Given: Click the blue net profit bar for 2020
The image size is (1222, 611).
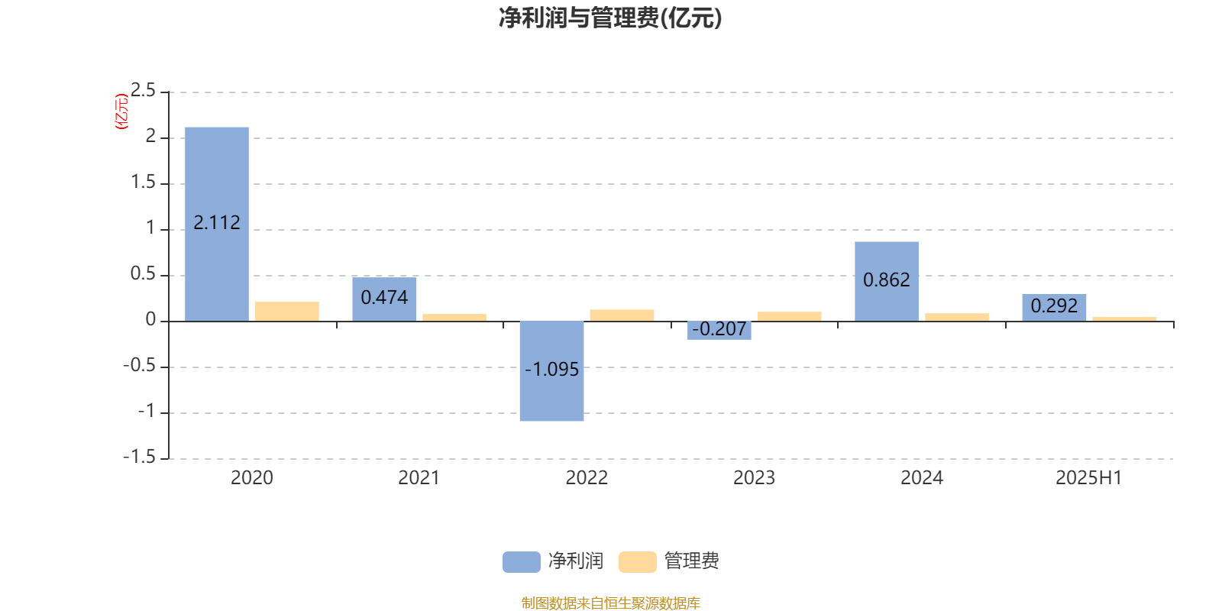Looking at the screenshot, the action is tap(217, 225).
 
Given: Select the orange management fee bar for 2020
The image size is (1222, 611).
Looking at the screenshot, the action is tap(287, 312).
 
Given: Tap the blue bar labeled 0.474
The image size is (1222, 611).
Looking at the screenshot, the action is tap(384, 299).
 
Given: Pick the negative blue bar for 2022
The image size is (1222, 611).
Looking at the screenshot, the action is tap(551, 371).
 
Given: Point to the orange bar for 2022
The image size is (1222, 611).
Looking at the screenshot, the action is tap(622, 315).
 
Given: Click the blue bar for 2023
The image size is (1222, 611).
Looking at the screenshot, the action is tap(719, 331).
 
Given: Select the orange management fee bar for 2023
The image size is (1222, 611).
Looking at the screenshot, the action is tap(790, 316).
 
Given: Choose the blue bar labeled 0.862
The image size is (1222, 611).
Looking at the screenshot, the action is tap(887, 282).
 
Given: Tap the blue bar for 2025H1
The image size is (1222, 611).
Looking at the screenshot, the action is tap(1054, 308).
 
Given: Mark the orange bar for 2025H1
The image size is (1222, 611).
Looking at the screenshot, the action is tap(1124, 319).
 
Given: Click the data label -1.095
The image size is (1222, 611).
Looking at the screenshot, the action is tap(551, 370).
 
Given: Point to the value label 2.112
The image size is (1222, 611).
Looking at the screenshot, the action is tap(217, 222).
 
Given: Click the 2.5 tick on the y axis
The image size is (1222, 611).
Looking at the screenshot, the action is tap(143, 90).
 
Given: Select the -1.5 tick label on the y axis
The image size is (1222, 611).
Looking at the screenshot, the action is tap(140, 457).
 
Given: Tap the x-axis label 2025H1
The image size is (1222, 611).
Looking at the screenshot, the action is tap(1089, 478).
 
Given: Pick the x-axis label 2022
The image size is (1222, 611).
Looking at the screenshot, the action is tap(587, 478).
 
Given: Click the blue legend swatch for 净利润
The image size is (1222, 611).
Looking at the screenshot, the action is tap(522, 562).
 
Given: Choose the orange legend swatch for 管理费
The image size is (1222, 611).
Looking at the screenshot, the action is tap(637, 562).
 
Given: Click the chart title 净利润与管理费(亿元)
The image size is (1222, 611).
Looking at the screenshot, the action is tap(610, 18).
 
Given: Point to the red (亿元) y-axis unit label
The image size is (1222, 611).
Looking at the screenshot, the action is tap(121, 112).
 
